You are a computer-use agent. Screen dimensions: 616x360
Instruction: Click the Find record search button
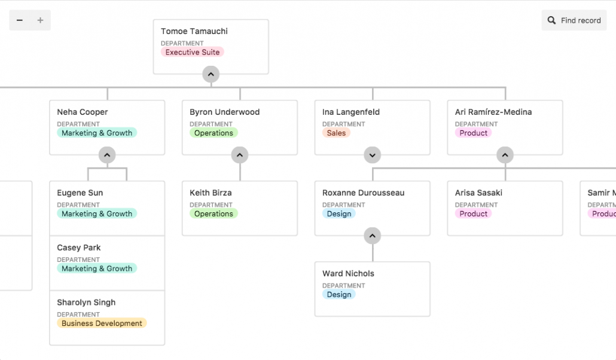tap(574, 20)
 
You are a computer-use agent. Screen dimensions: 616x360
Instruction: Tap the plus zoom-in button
tap(40, 20)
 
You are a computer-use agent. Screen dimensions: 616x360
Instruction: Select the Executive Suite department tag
tap(192, 52)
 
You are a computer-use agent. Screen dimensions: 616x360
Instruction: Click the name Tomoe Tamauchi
tap(194, 31)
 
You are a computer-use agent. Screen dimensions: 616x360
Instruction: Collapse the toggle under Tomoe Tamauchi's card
tap(211, 74)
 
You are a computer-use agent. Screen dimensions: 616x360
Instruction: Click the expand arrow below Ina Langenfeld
tap(373, 155)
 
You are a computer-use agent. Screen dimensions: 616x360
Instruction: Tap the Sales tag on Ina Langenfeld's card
tap(336, 133)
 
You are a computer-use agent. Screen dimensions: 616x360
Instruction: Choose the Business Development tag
tap(102, 323)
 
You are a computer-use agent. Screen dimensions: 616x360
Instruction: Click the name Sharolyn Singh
tap(86, 302)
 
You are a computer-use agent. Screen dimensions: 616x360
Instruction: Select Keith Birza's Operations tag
tap(214, 214)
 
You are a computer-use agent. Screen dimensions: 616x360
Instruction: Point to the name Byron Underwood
tap(224, 112)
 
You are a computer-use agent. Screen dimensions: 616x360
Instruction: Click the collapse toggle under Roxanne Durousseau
tap(373, 236)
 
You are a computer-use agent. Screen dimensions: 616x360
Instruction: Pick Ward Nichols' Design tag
tap(339, 294)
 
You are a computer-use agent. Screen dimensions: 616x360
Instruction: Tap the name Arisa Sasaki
tap(478, 193)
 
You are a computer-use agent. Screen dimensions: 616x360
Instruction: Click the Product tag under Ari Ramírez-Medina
tap(474, 133)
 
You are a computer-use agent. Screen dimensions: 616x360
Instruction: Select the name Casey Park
tap(78, 248)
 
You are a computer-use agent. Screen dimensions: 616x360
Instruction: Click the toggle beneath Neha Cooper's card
tap(107, 155)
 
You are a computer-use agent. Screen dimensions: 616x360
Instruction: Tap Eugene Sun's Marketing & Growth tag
tap(97, 214)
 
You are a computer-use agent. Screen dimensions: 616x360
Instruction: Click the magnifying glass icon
tap(551, 20)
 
